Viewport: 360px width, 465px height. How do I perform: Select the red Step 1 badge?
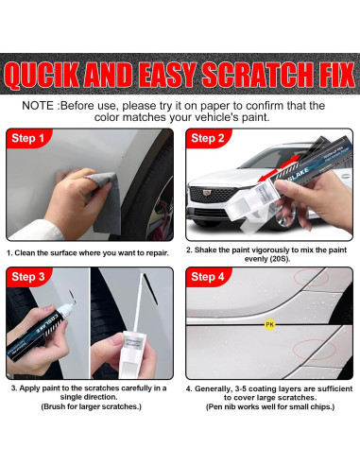(28, 138)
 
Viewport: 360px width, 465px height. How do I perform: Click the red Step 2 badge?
(208, 138)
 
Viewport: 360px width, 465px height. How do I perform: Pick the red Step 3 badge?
(28, 277)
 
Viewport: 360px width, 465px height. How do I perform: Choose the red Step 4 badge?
(208, 277)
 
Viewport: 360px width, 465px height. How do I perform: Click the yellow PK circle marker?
(270, 324)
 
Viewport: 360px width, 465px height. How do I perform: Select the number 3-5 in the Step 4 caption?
(241, 388)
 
